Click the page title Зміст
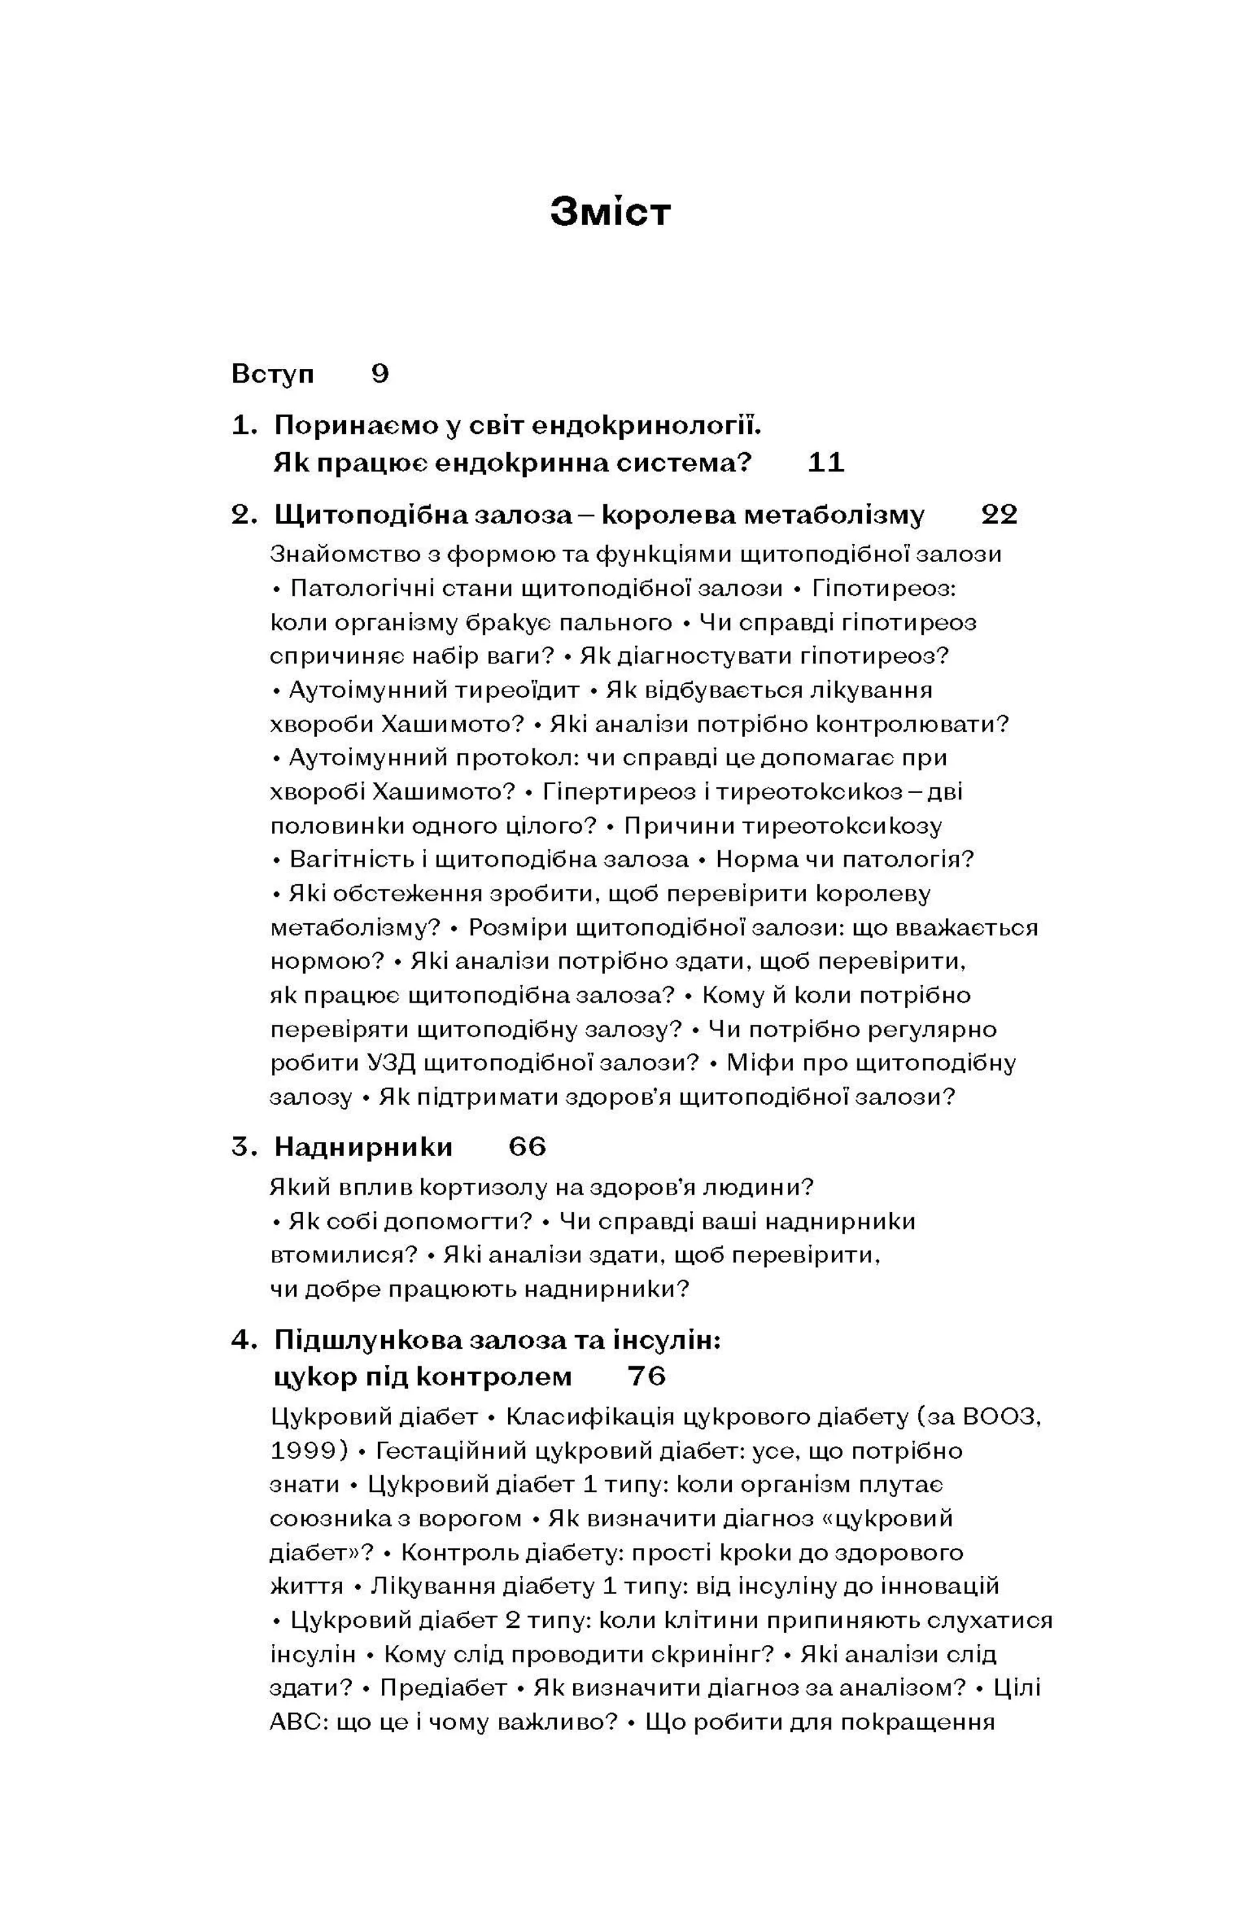pos(610,212)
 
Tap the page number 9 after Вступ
pos(381,374)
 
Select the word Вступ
pos(272,374)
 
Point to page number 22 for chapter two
pos(999,515)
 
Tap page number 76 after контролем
pos(646,1376)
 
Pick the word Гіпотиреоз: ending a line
pos(883,588)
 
